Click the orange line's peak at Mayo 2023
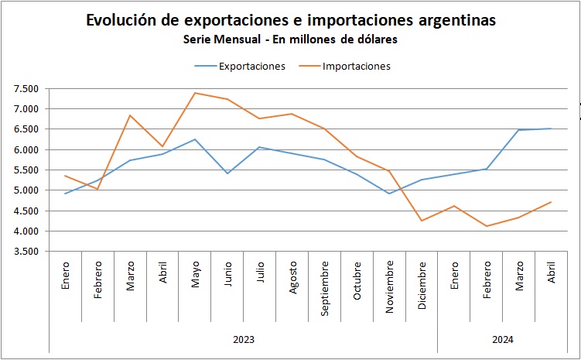195,93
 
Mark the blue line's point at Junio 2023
227,173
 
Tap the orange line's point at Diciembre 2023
422,221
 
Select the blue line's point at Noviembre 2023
390,194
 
